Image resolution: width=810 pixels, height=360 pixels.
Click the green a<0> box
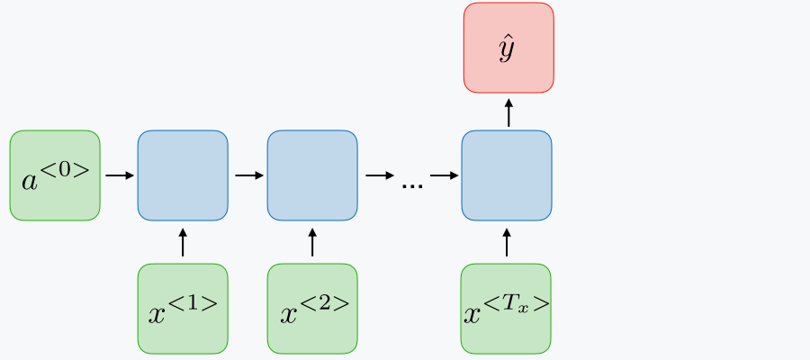pos(55,175)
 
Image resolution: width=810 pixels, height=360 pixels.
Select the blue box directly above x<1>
pos(183,175)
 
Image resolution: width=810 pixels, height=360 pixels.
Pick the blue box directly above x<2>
pos(312,175)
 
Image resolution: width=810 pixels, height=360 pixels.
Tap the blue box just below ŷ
pos(507,175)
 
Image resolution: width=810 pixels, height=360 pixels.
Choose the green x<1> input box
pos(183,309)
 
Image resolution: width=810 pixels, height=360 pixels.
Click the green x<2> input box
pos(312,309)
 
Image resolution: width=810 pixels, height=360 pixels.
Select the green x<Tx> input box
pos(506,309)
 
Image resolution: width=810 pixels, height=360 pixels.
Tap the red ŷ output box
pos(508,47)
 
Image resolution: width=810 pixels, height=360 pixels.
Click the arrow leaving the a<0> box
pos(119,175)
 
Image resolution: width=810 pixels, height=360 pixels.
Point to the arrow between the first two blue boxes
pos(247,175)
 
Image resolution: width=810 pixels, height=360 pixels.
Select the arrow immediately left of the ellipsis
pos(379,175)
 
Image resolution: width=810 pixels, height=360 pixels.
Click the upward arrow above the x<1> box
pos(183,242)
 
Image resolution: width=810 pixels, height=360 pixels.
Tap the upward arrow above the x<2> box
pos(312,242)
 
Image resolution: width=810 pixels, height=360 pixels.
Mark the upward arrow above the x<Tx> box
pos(507,242)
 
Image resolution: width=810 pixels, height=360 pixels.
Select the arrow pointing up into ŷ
pos(508,112)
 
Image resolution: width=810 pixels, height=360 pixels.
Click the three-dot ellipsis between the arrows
pos(412,184)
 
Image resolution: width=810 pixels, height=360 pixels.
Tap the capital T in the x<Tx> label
pos(516,303)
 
